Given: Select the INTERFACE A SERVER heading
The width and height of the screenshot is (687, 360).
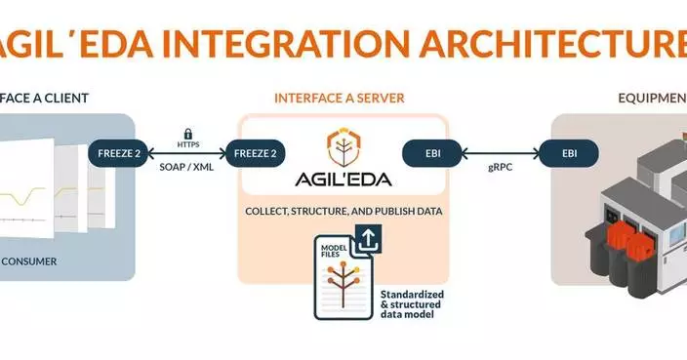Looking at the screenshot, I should click(x=339, y=99).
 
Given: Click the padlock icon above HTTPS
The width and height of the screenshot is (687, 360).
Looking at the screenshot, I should click(x=187, y=132).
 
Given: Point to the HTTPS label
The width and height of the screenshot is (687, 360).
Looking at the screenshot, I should click(x=187, y=144).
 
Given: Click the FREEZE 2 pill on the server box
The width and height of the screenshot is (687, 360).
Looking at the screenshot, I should click(x=257, y=153).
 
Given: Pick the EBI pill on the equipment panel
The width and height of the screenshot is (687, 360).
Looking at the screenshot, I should click(x=569, y=153).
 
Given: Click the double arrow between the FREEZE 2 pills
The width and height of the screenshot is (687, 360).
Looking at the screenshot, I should click(x=187, y=154).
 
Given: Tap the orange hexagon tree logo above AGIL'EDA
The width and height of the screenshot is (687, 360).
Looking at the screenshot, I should click(x=343, y=144).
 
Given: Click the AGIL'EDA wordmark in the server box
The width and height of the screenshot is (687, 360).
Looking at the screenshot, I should click(x=343, y=179).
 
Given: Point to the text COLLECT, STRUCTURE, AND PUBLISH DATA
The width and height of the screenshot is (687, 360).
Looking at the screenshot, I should click(x=343, y=212).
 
